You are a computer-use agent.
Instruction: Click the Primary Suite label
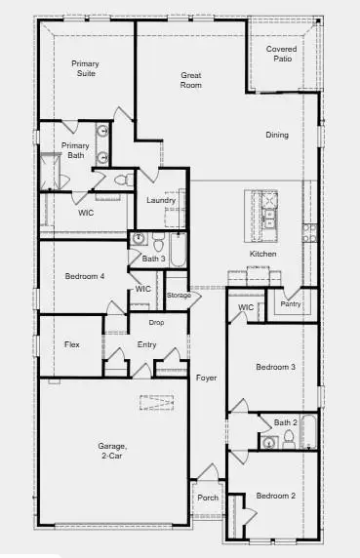tap(85, 68)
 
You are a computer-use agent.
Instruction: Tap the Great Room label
tap(191, 80)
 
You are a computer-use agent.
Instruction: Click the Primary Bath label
tap(75, 150)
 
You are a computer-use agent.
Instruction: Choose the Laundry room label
tap(161, 200)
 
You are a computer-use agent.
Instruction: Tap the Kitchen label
tap(262, 254)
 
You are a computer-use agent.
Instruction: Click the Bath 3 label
tap(153, 259)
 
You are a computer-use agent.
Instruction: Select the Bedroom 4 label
tap(84, 276)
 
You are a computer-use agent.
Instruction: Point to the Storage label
tap(178, 295)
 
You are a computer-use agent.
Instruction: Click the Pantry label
tap(291, 304)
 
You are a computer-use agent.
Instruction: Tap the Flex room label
tap(71, 344)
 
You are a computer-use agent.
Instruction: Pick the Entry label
tap(146, 344)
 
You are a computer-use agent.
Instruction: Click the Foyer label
tap(206, 377)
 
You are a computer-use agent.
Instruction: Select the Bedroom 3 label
tap(275, 367)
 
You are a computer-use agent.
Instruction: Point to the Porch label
tap(208, 498)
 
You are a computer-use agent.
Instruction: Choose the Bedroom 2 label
tap(275, 496)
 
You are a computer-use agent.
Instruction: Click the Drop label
tap(155, 322)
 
